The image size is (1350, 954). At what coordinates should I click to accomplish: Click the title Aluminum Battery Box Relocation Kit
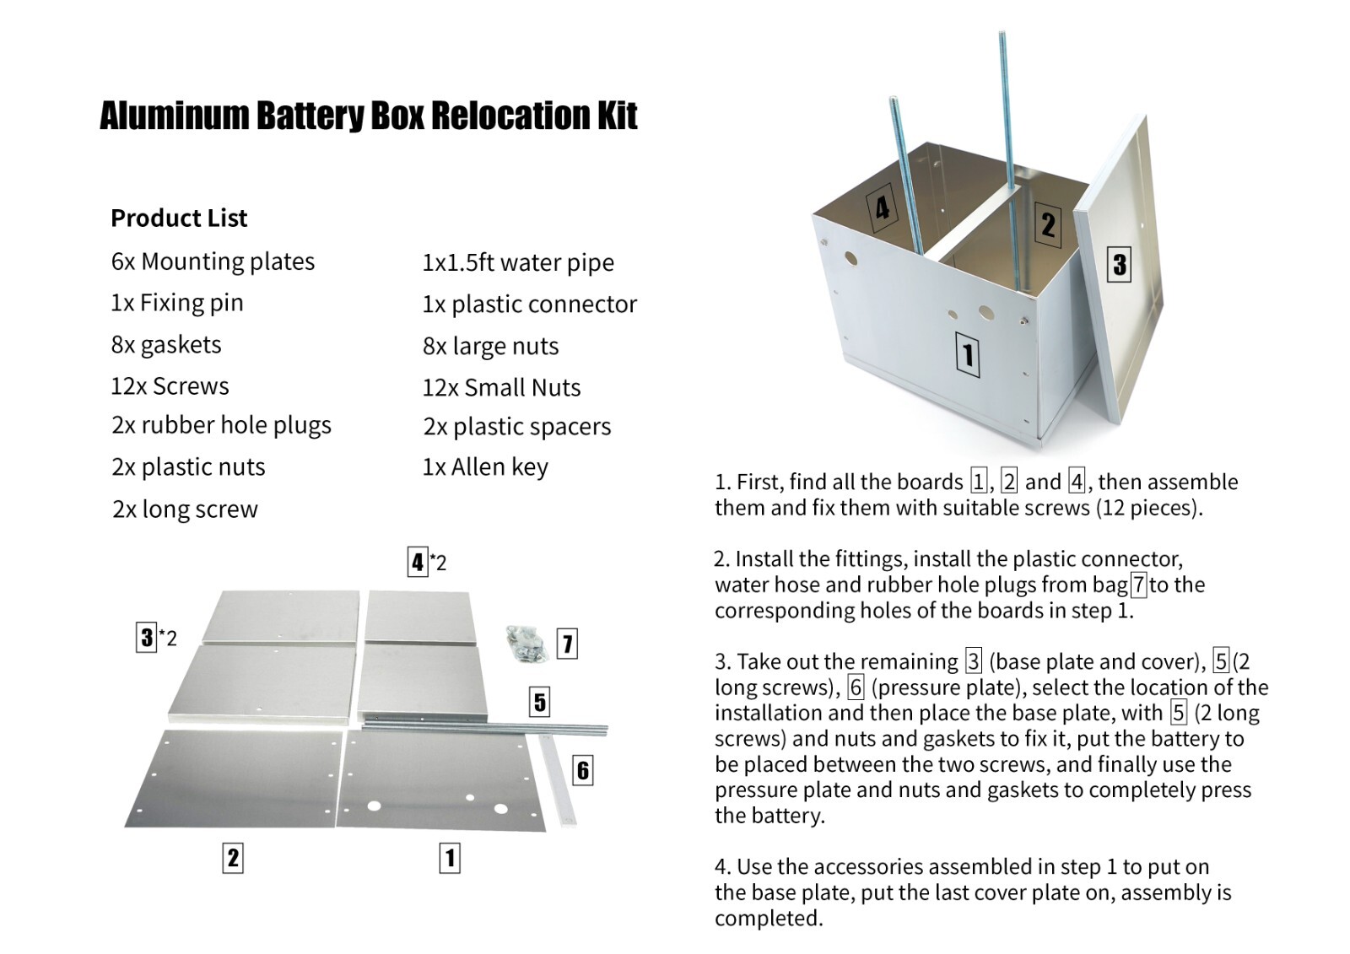(368, 116)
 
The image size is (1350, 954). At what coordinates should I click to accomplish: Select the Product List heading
(179, 218)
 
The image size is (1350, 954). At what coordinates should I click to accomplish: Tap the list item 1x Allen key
(485, 466)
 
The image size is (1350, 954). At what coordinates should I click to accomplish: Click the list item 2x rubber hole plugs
(221, 425)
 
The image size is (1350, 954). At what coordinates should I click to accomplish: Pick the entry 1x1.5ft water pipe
(518, 262)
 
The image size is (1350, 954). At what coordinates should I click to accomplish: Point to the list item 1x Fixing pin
(177, 303)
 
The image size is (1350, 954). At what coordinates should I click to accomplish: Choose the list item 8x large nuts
(490, 346)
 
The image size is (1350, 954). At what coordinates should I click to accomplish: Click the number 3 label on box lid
(1119, 264)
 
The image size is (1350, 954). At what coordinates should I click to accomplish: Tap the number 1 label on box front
(967, 355)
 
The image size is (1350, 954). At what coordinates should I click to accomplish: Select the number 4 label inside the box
(882, 208)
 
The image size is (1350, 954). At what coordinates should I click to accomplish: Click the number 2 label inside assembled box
(1047, 224)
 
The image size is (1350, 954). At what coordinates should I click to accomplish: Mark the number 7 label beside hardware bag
(567, 644)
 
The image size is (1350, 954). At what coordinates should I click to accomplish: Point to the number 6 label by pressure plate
(582, 769)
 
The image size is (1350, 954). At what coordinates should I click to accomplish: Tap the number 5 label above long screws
(540, 702)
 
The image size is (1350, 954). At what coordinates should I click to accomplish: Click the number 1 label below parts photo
(450, 858)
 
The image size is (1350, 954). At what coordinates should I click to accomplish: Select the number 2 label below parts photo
(233, 858)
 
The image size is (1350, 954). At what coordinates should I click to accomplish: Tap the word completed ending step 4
(768, 919)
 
